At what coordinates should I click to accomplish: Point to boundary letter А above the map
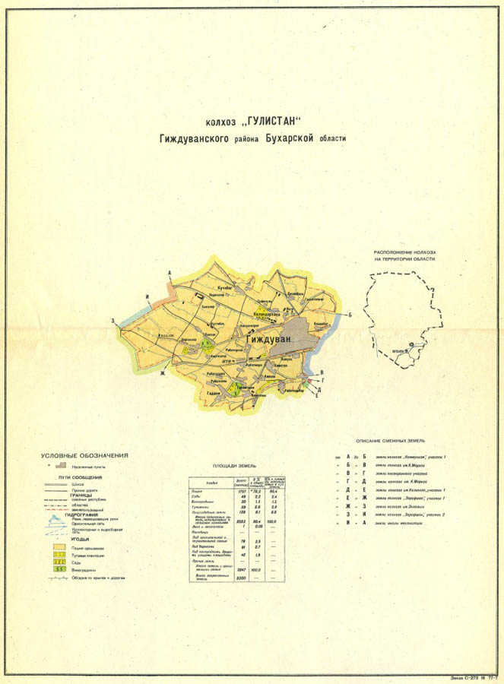[171, 273]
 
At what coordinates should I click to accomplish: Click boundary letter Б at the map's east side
[350, 313]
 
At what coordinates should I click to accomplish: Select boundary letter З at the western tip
[113, 321]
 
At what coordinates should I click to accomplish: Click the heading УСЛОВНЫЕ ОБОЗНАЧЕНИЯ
[84, 455]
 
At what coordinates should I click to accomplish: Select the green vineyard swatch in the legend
[57, 568]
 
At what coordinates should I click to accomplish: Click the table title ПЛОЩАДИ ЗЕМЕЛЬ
[235, 465]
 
